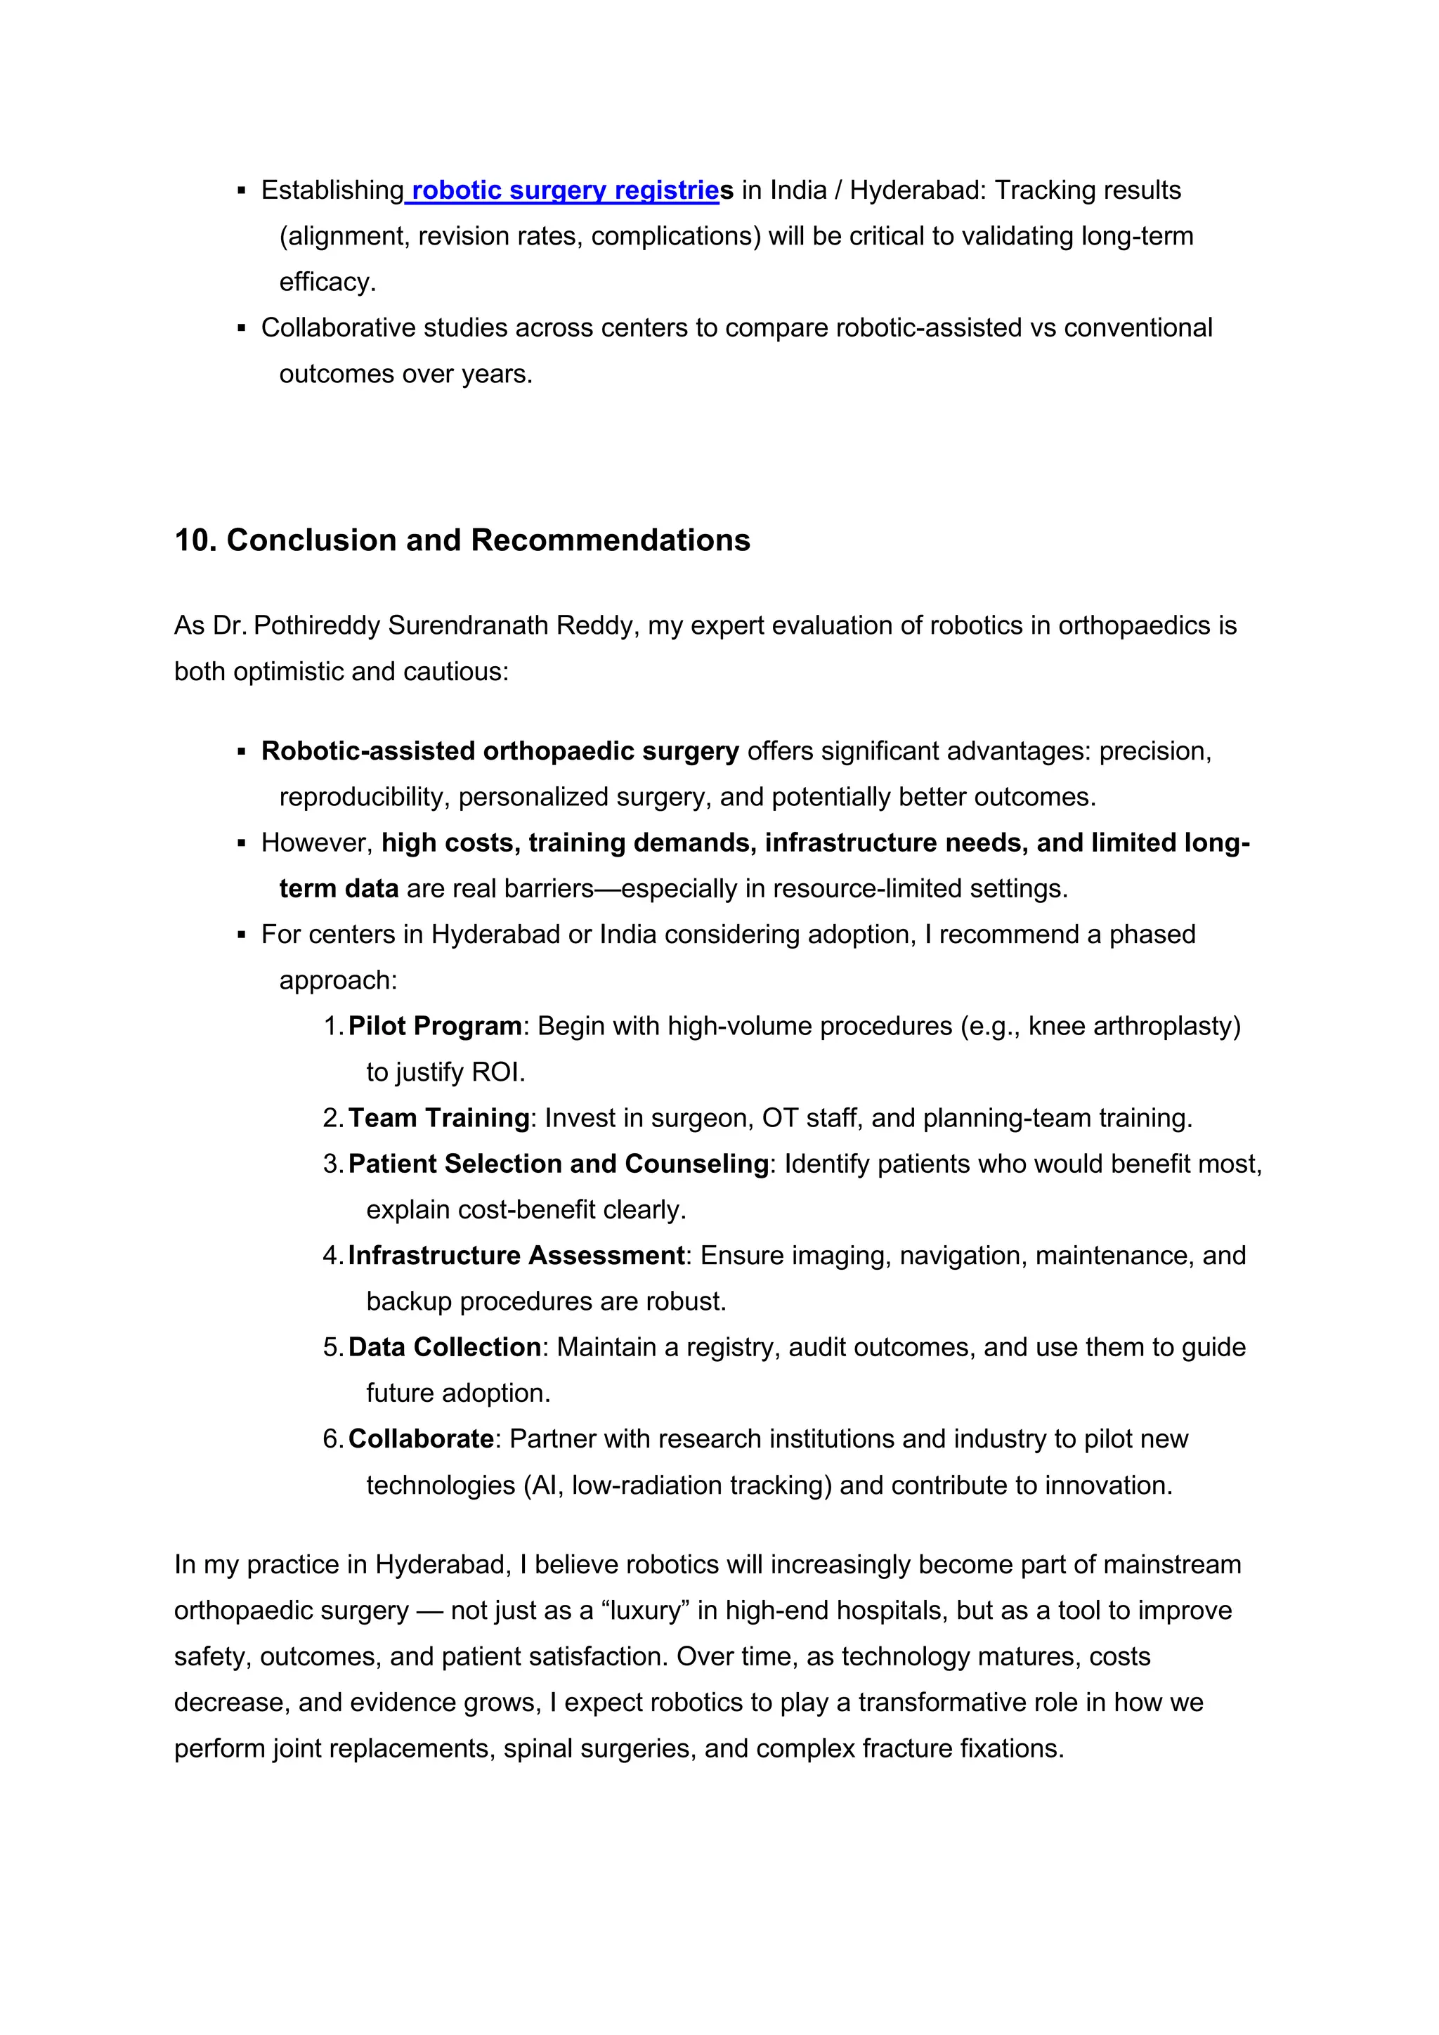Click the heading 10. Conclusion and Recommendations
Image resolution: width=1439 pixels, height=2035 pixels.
click(x=462, y=540)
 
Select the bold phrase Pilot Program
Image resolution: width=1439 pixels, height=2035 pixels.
click(x=434, y=1027)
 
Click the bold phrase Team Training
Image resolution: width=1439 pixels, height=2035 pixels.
click(x=438, y=1119)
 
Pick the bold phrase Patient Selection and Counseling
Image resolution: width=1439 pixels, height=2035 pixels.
click(x=558, y=1164)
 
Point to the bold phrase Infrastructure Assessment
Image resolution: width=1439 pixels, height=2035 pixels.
click(x=516, y=1256)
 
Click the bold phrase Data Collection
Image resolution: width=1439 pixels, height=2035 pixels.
click(x=444, y=1347)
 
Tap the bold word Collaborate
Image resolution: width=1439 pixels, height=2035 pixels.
click(x=420, y=1439)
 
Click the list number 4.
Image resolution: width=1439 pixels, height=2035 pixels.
click(x=332, y=1256)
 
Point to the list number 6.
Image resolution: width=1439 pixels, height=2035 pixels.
click(x=332, y=1439)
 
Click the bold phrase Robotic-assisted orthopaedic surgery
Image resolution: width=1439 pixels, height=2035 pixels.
click(x=500, y=752)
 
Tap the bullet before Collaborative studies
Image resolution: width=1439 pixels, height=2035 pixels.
click(x=241, y=329)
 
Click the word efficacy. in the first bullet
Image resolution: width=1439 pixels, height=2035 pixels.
click(x=328, y=282)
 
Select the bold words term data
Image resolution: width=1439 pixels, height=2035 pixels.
click(x=339, y=889)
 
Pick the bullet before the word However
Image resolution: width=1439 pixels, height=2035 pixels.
click(x=241, y=844)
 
